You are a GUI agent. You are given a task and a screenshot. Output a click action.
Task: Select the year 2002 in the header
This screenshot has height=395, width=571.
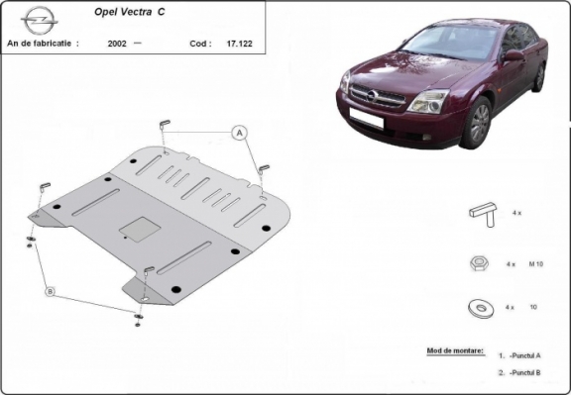click(116, 45)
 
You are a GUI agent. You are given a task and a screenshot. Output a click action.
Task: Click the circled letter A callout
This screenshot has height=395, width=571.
click(239, 132)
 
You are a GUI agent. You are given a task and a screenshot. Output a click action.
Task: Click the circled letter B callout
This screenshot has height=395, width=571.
click(50, 291)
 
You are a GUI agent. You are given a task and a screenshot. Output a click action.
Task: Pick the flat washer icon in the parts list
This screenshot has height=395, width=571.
click(483, 308)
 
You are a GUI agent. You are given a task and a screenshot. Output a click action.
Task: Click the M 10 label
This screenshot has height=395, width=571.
click(535, 265)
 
